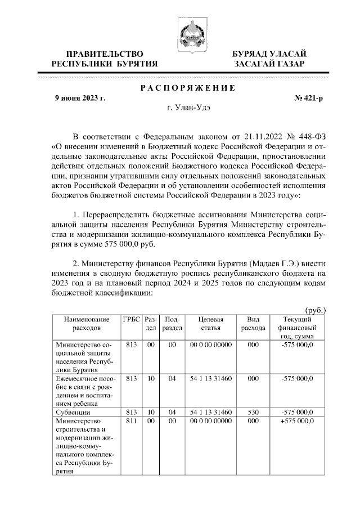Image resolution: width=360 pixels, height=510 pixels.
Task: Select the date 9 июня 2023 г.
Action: pos(80,99)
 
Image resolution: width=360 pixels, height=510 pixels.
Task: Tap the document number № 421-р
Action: pos(309,99)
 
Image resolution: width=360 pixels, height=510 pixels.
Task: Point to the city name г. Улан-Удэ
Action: pos(187,109)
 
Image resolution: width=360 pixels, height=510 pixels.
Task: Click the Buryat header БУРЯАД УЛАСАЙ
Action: pos(269,53)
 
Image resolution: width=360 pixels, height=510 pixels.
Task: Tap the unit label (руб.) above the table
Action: pos(315,310)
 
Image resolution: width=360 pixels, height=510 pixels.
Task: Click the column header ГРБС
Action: pos(131,319)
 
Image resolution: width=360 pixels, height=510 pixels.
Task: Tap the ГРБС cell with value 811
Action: pos(131,420)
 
